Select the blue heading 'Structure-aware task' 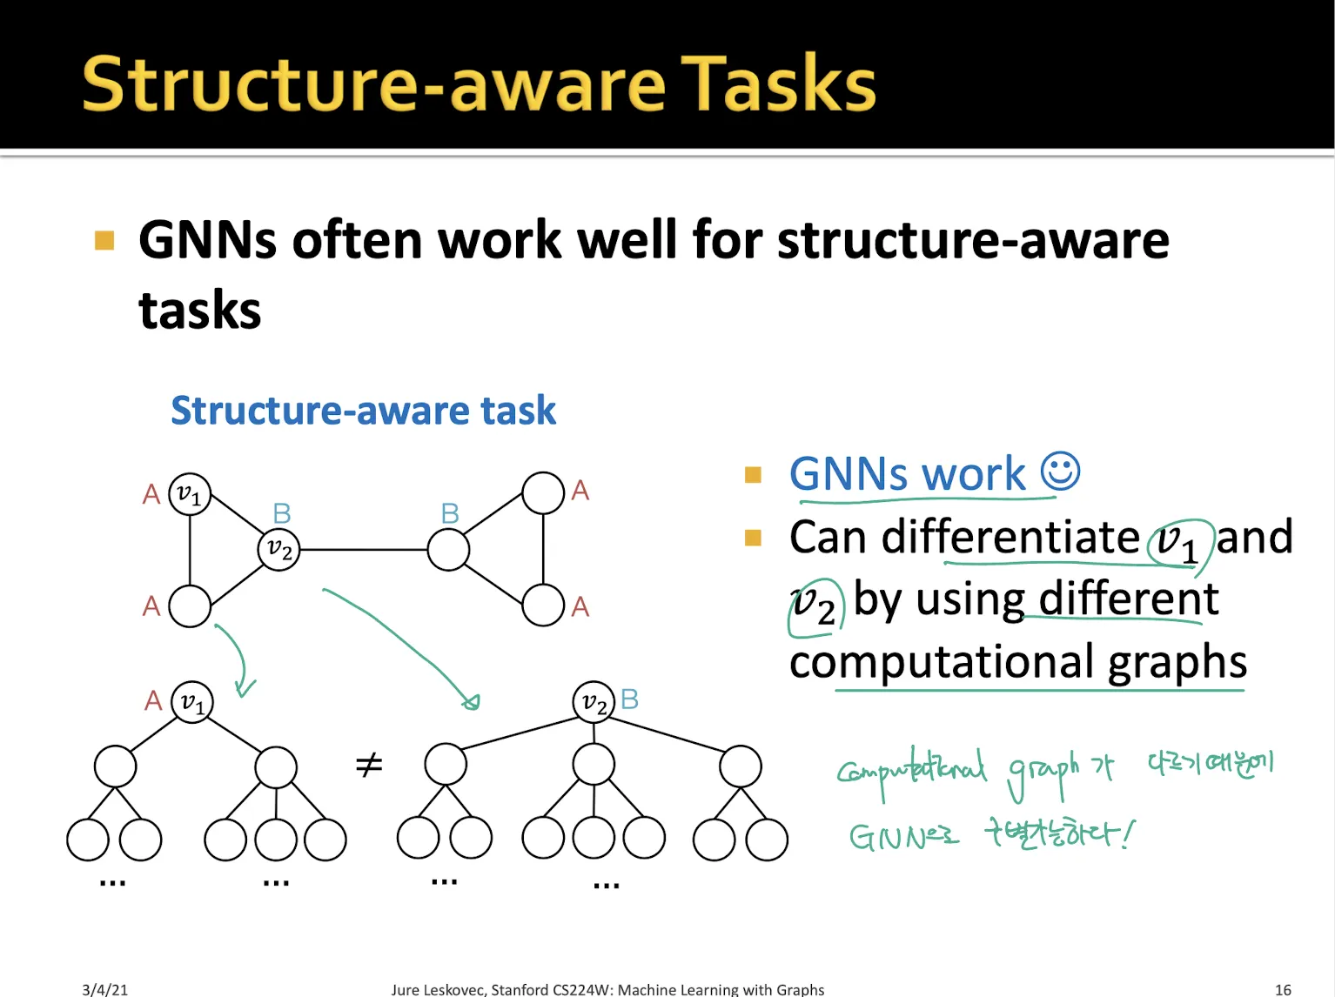click(363, 411)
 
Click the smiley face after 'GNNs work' click(1060, 472)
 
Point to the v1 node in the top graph click(190, 494)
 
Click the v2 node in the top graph click(279, 550)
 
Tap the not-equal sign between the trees click(369, 766)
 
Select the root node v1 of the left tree click(192, 702)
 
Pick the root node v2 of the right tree click(594, 701)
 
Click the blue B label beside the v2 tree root click(630, 699)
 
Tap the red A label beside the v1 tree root click(153, 700)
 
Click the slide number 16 click(1283, 989)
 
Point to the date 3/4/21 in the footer click(104, 989)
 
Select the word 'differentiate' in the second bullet click(1010, 537)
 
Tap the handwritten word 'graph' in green click(1043, 771)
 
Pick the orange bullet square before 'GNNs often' click(104, 240)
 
